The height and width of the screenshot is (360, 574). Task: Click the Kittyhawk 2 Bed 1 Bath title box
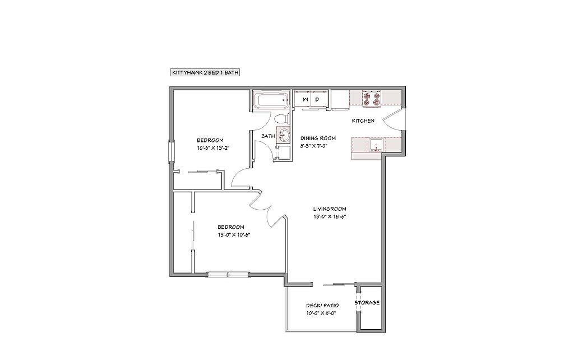205,72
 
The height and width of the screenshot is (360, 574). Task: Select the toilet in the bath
282,118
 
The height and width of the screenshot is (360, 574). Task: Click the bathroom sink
283,134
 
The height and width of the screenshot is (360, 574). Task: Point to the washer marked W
303,99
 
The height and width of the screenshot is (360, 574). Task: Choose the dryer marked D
319,99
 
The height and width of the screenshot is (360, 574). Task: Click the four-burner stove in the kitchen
371,99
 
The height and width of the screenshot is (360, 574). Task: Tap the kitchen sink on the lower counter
376,145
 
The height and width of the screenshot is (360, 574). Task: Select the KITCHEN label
363,121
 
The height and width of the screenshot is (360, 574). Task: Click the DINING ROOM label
318,138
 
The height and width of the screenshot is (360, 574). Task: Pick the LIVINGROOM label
330,209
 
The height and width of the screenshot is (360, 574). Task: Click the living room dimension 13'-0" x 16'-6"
330,216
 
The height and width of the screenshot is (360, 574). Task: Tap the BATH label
268,136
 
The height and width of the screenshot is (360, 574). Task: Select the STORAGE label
367,302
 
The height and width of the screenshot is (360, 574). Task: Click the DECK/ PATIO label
322,306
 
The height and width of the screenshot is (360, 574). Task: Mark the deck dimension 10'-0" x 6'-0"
321,313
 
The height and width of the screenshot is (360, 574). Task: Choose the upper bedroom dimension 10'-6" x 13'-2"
213,148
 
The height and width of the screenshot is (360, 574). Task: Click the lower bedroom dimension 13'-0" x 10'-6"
234,234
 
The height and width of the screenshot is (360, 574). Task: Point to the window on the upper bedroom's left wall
171,151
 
